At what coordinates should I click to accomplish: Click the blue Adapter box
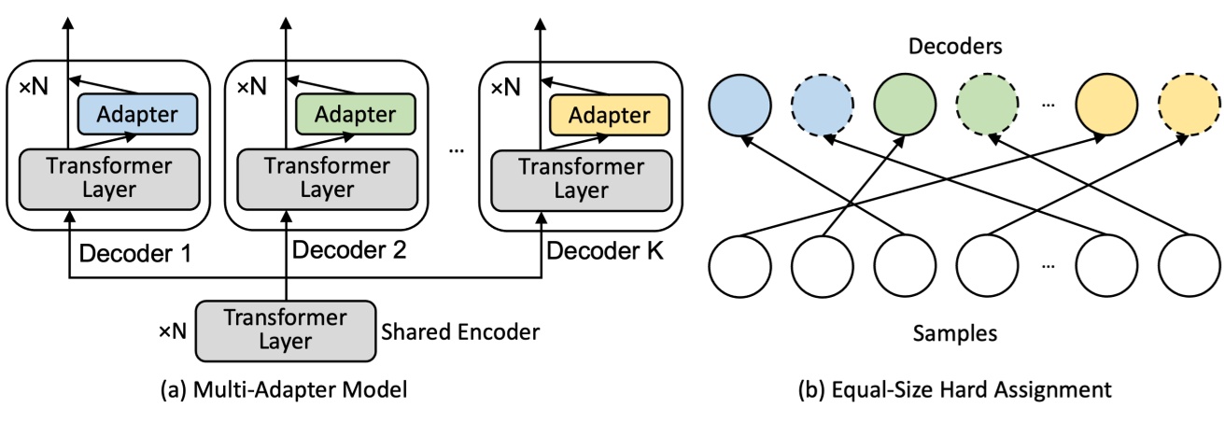coord(137,115)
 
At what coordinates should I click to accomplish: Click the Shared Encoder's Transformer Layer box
coord(286,331)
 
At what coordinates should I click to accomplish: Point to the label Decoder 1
coord(135,252)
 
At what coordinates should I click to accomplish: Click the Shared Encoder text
coord(461,331)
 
